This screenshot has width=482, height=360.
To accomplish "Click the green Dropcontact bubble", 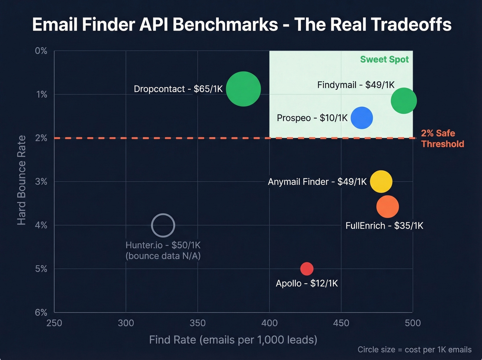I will click(x=243, y=89).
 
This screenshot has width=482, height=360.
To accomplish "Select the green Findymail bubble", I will click(x=404, y=101).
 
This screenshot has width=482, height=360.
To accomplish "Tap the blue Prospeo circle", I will click(x=361, y=118).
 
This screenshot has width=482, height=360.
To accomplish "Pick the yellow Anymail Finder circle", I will click(x=381, y=182).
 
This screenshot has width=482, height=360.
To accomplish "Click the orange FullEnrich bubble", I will click(x=387, y=207).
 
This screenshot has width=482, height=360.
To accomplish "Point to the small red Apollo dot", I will click(x=307, y=269).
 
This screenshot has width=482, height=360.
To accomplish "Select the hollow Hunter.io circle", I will click(x=163, y=226).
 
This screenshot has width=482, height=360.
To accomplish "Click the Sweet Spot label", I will click(x=384, y=60).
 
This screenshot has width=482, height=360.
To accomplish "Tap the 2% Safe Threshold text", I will click(x=442, y=138).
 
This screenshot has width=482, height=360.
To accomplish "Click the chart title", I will click(x=242, y=25).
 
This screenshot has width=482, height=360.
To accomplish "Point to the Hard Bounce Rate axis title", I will click(x=21, y=180).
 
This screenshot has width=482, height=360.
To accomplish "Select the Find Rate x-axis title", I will click(x=233, y=340).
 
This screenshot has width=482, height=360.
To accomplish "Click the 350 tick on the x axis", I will click(x=198, y=323).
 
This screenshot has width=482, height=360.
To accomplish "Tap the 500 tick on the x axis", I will click(x=412, y=323).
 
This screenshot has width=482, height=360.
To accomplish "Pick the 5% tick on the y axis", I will click(x=41, y=269).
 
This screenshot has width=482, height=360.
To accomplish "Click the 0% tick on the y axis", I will click(x=41, y=51).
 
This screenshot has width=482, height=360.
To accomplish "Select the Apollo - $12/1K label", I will click(x=307, y=284).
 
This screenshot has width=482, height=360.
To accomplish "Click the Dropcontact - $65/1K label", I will click(x=178, y=89).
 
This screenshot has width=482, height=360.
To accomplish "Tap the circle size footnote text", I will click(x=415, y=350).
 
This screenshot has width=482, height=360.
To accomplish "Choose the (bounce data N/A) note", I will click(x=163, y=256).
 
